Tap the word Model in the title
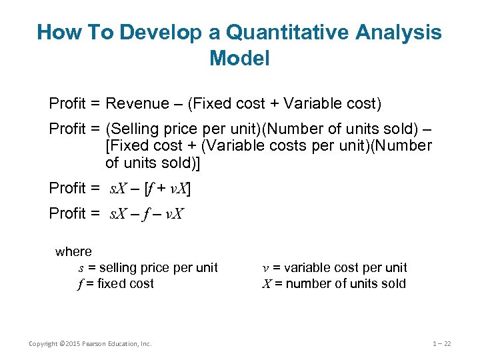(239, 59)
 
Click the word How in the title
(58, 32)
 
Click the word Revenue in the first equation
(138, 103)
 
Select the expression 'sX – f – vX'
(147, 214)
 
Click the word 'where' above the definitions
(73, 252)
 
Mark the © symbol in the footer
(61, 344)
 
